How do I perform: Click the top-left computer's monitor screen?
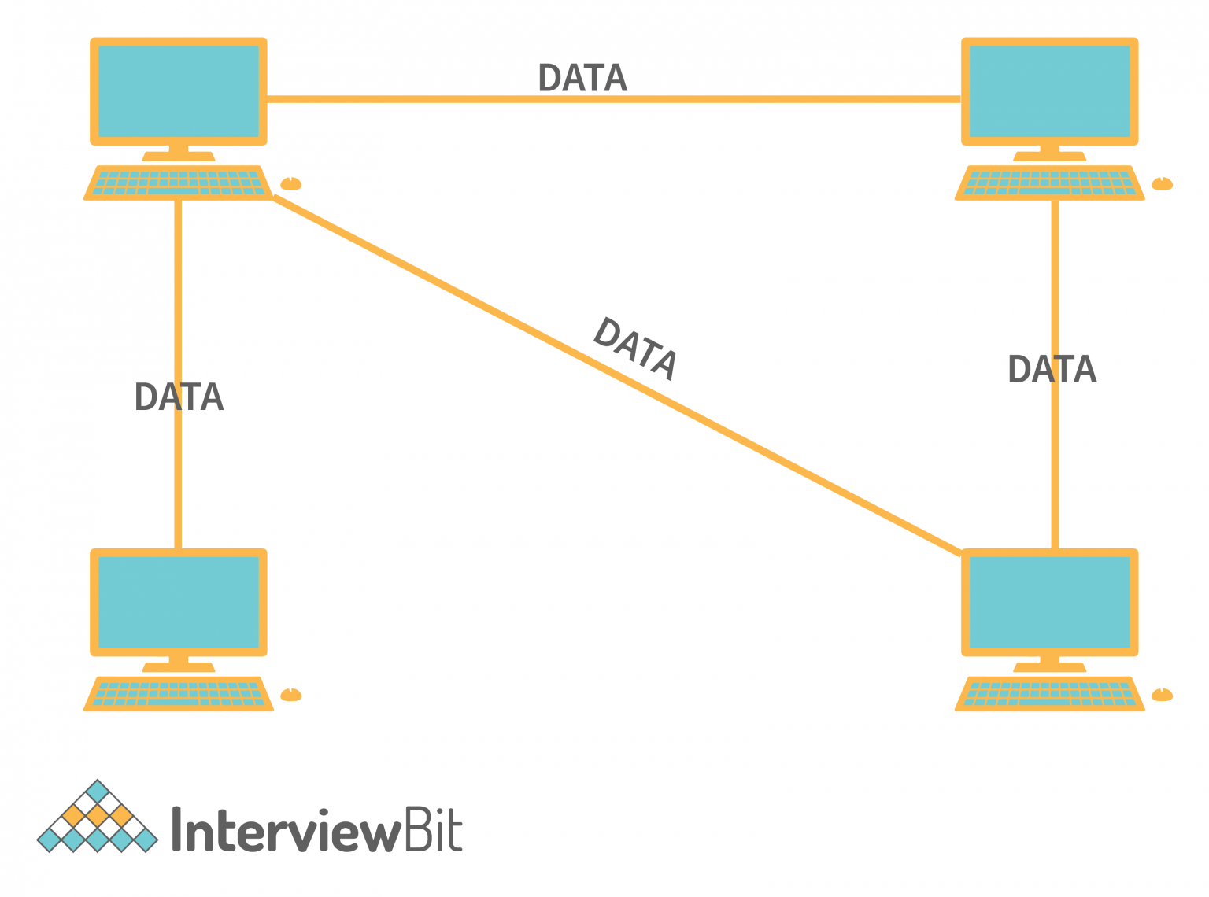[x=179, y=91]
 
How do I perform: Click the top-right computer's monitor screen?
[x=1049, y=91]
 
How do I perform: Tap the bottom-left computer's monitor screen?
[x=179, y=602]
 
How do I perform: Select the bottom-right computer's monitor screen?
[x=1049, y=602]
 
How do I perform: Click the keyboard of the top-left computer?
[x=178, y=183]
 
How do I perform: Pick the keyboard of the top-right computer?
[x=1049, y=183]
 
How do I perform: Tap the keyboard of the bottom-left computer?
[x=178, y=694]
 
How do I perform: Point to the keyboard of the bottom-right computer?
[x=1049, y=694]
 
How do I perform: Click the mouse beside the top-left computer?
[x=291, y=184]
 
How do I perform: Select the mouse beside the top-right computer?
[x=1163, y=184]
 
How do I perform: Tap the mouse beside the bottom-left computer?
[x=291, y=695]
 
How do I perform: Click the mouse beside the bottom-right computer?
[x=1163, y=695]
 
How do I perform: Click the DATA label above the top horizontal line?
[x=582, y=78]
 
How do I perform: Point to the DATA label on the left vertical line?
[x=179, y=397]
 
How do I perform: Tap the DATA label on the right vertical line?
[x=1052, y=370]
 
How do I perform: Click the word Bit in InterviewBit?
[x=432, y=829]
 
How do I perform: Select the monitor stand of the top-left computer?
[x=179, y=153]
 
